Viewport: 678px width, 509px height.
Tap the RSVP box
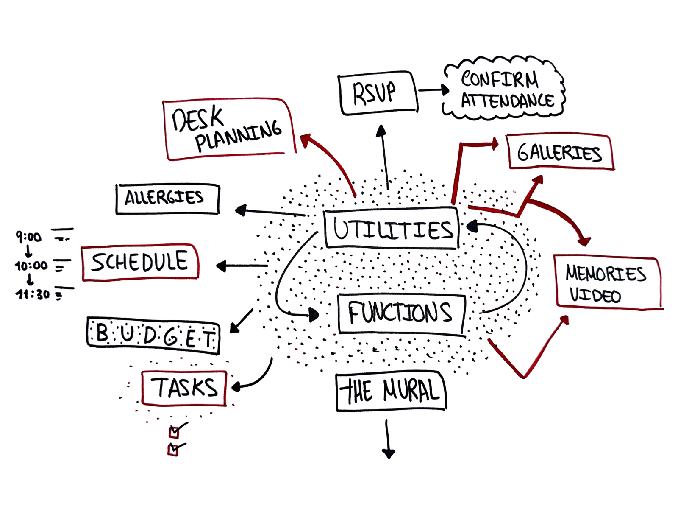click(377, 94)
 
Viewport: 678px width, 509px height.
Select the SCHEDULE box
click(140, 263)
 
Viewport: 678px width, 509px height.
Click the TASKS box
click(184, 387)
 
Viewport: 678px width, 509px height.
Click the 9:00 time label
click(28, 238)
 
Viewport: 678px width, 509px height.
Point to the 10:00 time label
click(31, 266)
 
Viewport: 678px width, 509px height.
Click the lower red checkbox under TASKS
click(173, 450)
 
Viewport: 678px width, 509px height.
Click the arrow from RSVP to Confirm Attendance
click(432, 90)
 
